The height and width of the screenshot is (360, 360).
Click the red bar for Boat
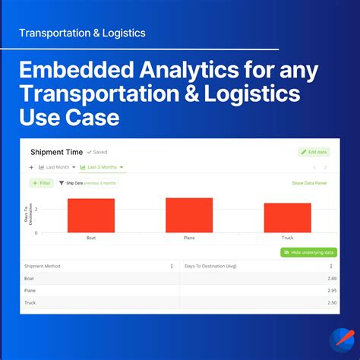click(90, 216)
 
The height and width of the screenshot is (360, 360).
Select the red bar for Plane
click(189, 215)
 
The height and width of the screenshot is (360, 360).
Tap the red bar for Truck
click(287, 218)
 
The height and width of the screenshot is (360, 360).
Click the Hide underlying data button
click(308, 252)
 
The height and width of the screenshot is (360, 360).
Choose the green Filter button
click(41, 183)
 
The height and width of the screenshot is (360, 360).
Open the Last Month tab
click(55, 167)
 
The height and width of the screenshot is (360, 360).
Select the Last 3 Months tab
click(102, 167)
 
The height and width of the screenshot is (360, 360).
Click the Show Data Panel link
click(308, 183)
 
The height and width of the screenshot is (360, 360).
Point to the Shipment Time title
click(56, 152)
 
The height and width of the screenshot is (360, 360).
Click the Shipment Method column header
click(43, 266)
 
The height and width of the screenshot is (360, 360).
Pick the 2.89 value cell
click(327, 279)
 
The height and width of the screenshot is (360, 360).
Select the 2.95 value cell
click(327, 290)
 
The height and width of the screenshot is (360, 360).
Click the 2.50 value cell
click(327, 302)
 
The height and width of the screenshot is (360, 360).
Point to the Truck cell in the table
click(30, 302)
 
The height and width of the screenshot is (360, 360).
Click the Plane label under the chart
click(189, 238)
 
